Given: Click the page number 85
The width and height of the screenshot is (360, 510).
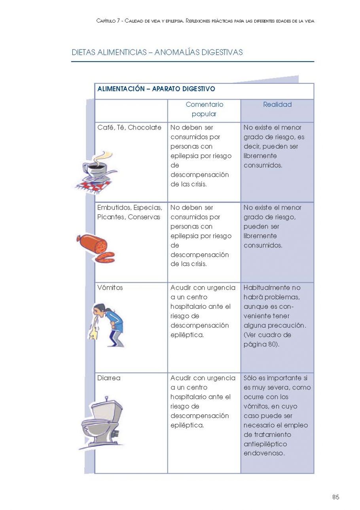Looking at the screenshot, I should (x=335, y=497).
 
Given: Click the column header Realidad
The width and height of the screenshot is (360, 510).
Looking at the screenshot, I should (x=277, y=105).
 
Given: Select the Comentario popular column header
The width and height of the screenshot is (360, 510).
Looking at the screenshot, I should (x=204, y=110).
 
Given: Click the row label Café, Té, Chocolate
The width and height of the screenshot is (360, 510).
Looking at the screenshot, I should (x=129, y=128).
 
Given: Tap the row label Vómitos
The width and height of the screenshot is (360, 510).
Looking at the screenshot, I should (x=110, y=288).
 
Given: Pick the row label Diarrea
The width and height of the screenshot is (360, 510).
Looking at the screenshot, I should (x=109, y=378).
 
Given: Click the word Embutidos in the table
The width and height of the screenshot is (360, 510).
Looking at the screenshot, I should (x=114, y=208).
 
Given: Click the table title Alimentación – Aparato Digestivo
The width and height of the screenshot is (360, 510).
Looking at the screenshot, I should (x=156, y=89).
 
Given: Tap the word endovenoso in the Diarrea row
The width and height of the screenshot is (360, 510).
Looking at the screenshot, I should (x=264, y=454).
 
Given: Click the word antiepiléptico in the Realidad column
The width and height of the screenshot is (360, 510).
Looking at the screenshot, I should (x=265, y=444).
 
